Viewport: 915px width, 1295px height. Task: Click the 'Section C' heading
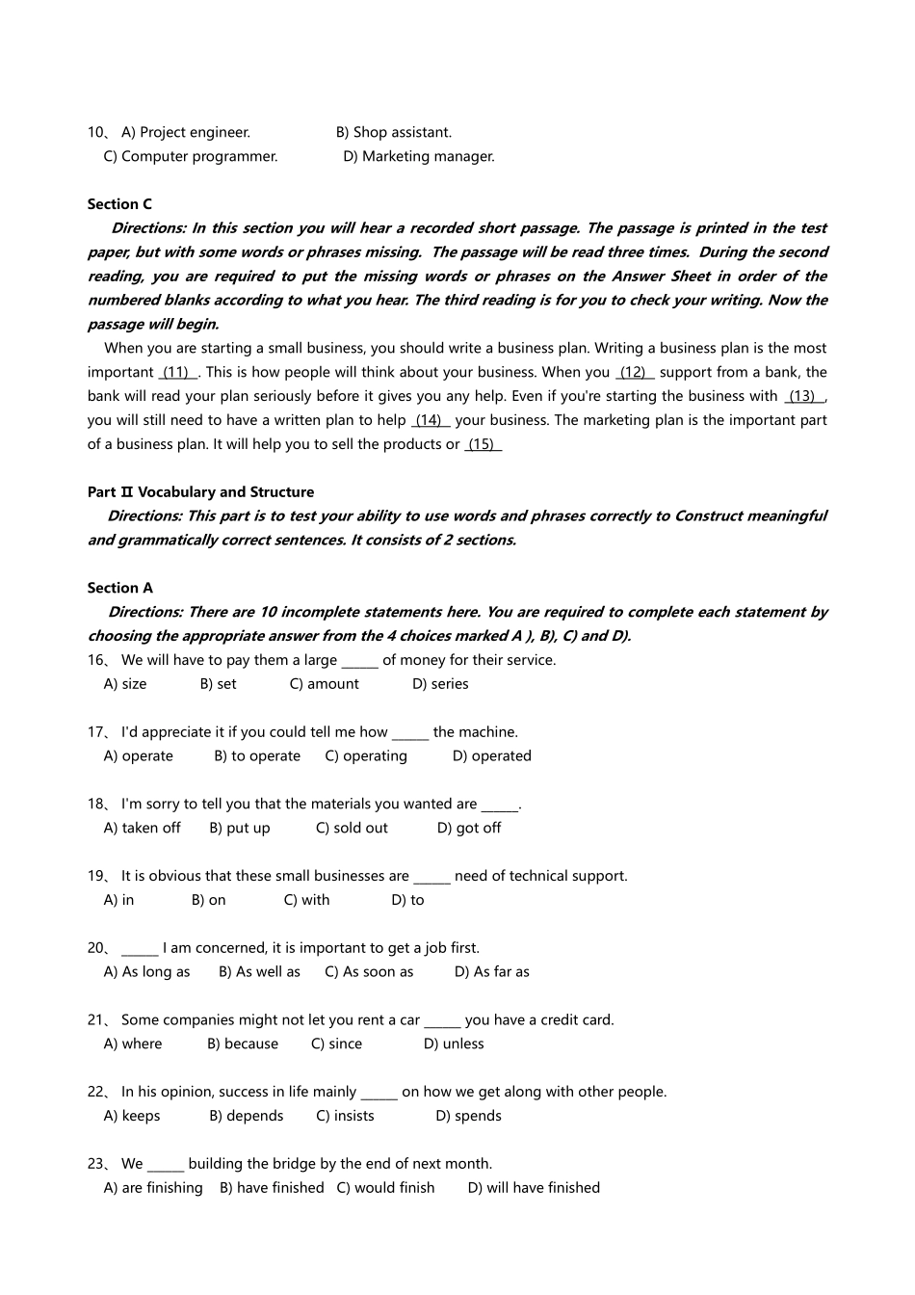point(119,204)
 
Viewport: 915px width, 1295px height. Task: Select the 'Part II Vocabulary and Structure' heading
point(200,492)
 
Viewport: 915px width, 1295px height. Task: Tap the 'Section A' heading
point(119,588)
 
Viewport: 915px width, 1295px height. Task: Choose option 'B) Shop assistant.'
point(393,132)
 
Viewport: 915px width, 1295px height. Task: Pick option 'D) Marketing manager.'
point(419,156)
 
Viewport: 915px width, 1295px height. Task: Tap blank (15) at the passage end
point(483,444)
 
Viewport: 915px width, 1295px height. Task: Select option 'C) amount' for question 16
point(324,684)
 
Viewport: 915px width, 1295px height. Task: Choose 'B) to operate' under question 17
point(257,756)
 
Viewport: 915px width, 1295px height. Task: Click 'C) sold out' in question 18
point(352,828)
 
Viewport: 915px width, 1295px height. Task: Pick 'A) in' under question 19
point(118,900)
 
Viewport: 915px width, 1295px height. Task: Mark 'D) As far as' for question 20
point(491,972)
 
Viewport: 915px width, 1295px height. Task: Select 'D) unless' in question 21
point(454,1044)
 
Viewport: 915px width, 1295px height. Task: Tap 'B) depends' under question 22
point(246,1116)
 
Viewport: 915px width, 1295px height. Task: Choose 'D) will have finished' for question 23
point(534,1188)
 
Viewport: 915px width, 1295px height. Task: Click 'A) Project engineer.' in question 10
point(185,132)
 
